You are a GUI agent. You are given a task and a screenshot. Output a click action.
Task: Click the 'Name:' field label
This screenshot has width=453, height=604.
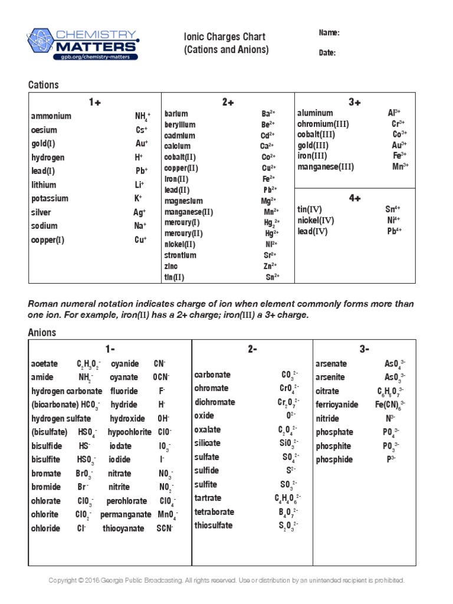pyautogui.click(x=329, y=33)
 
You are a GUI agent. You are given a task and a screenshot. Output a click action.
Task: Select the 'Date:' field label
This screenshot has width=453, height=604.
pyautogui.click(x=327, y=52)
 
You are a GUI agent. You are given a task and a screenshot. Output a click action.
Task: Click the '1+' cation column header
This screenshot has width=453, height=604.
pyautogui.click(x=95, y=102)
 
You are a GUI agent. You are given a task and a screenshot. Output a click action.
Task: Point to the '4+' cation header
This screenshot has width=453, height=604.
pyautogui.click(x=354, y=198)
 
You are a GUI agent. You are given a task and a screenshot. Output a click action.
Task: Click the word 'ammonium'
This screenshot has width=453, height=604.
pyautogui.click(x=51, y=116)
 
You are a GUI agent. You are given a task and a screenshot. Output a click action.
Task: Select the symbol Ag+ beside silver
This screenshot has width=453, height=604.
pyautogui.click(x=140, y=212)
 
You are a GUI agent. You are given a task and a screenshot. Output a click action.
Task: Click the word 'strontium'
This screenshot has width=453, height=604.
pyautogui.click(x=180, y=255)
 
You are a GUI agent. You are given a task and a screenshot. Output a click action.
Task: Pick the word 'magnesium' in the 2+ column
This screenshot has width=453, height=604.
pyautogui.click(x=183, y=201)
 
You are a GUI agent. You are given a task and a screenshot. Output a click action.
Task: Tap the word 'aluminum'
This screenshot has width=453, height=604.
pyautogui.click(x=315, y=113)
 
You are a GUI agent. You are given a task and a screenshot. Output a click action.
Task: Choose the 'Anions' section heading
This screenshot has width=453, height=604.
pyautogui.click(x=42, y=333)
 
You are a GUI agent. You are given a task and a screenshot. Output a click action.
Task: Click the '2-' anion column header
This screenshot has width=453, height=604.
pyautogui.click(x=252, y=349)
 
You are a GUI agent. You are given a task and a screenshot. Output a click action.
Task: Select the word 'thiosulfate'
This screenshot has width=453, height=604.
pyautogui.click(x=214, y=526)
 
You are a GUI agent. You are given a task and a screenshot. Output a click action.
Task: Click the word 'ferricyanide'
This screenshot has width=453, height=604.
pyautogui.click(x=337, y=405)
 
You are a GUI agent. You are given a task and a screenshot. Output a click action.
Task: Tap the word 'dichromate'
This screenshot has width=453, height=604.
pyautogui.click(x=215, y=402)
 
